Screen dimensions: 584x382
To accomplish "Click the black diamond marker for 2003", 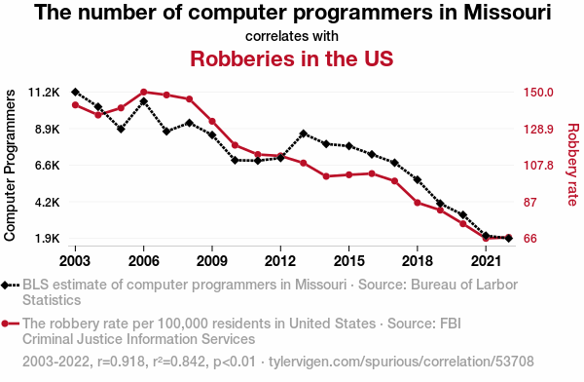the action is tap(75, 92).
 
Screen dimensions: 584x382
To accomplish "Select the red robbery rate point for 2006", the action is tap(144, 92).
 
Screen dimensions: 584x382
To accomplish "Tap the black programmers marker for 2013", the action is tap(303, 134).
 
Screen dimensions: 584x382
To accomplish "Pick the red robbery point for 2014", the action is tap(326, 176).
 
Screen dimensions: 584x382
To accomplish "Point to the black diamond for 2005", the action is tap(121, 129).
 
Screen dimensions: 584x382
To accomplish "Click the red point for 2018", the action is tap(418, 203).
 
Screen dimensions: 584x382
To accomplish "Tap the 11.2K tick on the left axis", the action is tap(44, 93).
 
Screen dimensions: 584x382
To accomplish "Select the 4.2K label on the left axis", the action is tap(48, 202).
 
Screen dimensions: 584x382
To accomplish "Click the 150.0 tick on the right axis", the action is tap(538, 93).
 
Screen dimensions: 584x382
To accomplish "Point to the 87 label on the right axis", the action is tap(530, 202).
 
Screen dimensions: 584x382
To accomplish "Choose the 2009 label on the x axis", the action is tap(212, 261).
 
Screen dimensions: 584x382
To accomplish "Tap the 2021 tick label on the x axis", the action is tap(486, 261).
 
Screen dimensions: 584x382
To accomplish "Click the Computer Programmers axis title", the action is tap(10, 165).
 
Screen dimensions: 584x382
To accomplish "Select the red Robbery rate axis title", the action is tap(573, 165).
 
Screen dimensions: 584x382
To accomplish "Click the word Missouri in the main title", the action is tap(507, 12).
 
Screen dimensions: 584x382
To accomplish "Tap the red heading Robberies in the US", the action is tap(292, 58).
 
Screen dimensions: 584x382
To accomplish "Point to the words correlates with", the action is tap(292, 36).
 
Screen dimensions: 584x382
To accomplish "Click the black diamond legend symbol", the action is tap(5, 286).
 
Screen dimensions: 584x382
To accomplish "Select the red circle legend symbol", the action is tap(5, 324).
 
